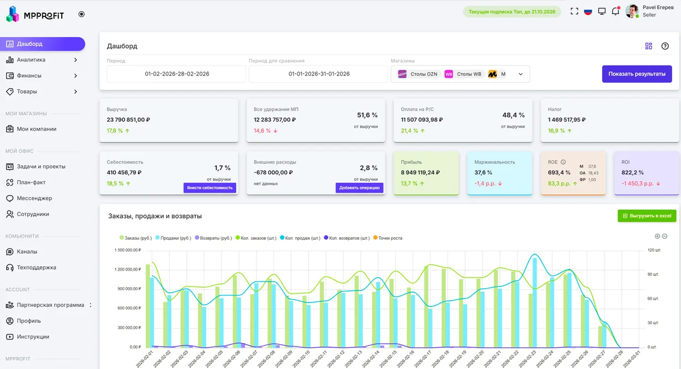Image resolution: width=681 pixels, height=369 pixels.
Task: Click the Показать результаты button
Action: pos(637,74)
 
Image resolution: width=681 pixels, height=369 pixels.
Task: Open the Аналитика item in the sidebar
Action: pos(31,60)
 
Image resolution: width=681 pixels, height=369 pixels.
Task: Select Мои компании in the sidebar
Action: pos(36,129)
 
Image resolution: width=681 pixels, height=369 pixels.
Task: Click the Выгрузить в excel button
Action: pos(647,216)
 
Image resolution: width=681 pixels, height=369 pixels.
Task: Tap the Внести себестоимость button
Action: pos(210,188)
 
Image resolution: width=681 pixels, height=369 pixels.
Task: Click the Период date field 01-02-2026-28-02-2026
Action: pos(177,74)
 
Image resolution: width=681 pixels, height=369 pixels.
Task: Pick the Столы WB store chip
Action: pos(464,74)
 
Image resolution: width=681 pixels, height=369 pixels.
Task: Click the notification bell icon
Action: pos(615,11)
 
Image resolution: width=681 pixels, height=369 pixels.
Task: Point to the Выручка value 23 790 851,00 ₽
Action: pos(128,120)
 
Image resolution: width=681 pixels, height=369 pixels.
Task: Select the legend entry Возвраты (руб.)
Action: pos(213,238)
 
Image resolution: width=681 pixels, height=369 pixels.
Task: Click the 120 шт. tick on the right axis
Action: pos(654,250)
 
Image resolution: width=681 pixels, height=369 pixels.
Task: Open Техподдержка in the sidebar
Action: pos(36,267)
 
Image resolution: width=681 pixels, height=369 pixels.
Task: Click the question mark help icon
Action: pos(665,46)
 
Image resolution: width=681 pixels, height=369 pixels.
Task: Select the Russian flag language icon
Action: pos(588,11)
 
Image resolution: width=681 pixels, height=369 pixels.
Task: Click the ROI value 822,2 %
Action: pos(633,173)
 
